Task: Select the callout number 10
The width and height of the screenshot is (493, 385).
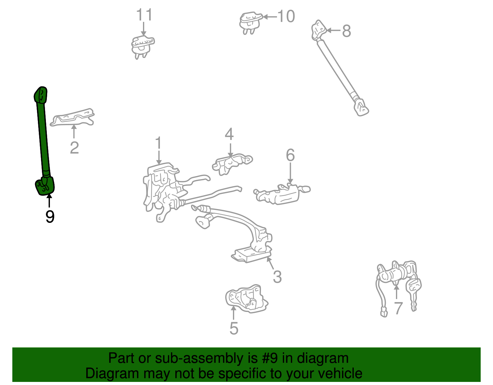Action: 286,16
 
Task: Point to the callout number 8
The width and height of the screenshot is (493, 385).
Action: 347,31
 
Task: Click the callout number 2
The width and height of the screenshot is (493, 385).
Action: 74,148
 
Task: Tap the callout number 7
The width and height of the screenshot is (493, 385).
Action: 398,308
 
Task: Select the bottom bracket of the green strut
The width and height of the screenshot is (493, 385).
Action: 45,186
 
